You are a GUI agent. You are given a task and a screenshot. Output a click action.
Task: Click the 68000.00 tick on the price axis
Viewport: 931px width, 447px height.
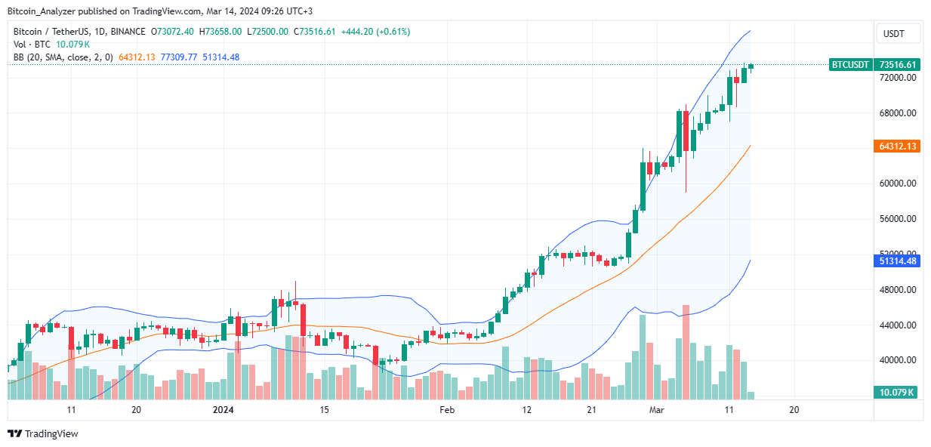click(897, 113)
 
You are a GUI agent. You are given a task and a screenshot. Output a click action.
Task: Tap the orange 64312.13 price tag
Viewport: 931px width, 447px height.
click(898, 146)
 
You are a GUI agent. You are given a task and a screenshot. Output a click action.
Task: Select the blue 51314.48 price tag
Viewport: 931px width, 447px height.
click(898, 261)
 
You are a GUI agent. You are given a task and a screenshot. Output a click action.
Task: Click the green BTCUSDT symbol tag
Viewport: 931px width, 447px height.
click(850, 65)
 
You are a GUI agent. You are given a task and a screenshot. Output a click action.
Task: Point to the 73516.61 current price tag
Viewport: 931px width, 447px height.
click(898, 65)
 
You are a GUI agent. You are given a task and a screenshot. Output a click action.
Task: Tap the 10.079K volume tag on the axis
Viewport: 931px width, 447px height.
click(898, 393)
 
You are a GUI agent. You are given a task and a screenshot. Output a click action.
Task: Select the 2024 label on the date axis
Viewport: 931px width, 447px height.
click(224, 410)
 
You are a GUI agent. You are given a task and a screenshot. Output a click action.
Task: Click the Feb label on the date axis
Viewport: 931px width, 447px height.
click(447, 410)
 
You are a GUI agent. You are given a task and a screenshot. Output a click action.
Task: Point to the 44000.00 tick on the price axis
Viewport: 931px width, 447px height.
click(897, 325)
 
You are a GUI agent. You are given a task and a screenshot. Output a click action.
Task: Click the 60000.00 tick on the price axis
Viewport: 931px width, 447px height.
click(897, 183)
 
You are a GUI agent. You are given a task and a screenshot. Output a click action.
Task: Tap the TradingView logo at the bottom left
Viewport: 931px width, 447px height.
click(43, 434)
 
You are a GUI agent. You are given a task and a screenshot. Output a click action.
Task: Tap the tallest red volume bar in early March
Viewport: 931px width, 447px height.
click(686, 352)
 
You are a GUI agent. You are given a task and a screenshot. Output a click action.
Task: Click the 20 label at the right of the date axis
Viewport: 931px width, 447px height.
click(794, 410)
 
